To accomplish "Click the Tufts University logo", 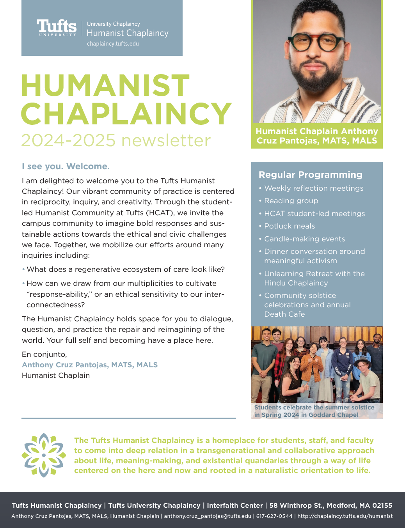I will tap(57, 28).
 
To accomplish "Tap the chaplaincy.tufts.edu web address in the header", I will tap(113, 44).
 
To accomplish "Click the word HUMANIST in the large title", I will tap(105, 85).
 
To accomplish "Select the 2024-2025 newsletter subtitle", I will tap(116, 140).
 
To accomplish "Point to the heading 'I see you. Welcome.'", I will tap(66, 167).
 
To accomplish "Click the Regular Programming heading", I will tap(310, 175).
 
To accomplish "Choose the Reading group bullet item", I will tap(291, 201).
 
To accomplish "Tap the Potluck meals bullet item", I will tap(290, 226).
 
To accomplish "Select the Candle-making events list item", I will tap(304, 239).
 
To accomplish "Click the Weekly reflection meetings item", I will tap(314, 188).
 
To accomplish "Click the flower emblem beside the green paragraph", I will tap(44, 455).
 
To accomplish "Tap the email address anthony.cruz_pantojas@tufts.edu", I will tap(208, 516).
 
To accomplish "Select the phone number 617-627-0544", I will tap(274, 516).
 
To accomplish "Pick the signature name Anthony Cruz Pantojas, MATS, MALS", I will tap(90, 365).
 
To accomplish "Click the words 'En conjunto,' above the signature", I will tap(44, 354).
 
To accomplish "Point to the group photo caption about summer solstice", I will tap(314, 411).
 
